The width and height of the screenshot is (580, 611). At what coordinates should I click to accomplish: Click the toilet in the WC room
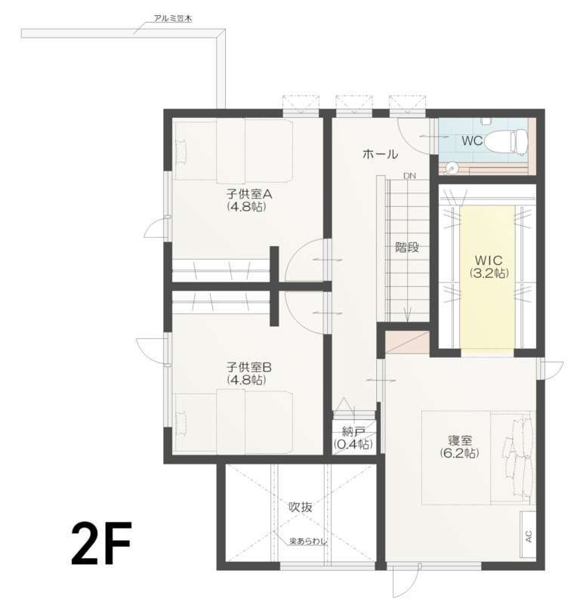tap(504, 140)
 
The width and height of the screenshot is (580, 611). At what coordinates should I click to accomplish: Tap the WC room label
tap(472, 140)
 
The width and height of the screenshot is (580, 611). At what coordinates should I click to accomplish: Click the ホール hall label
tap(380, 154)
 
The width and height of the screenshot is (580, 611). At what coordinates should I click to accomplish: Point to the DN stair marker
tap(409, 176)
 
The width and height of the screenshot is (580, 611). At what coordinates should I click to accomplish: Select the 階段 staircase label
tap(406, 246)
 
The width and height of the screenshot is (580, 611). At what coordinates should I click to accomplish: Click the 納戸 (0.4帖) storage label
tap(353, 438)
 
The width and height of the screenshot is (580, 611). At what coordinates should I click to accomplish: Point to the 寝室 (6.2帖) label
tap(460, 446)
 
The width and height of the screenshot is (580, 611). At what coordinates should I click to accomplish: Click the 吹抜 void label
tap(301, 507)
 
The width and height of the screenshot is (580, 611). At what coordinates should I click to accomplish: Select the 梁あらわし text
tap(308, 541)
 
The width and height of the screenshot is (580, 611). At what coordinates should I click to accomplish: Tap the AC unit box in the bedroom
tap(528, 536)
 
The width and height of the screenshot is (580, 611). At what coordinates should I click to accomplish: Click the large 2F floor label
tap(101, 543)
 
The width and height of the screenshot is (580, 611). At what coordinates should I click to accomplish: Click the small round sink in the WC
tap(452, 168)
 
